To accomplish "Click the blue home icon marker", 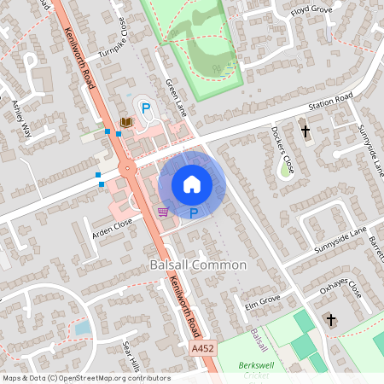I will click(x=192, y=184).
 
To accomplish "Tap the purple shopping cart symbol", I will click(x=162, y=211).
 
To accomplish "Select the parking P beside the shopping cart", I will click(x=194, y=212).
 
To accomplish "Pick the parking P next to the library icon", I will click(x=146, y=108).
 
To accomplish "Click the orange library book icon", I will click(x=127, y=124).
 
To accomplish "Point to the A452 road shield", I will click(x=204, y=348).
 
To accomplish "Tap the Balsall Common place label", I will click(x=198, y=265).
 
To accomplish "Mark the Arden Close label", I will click(x=113, y=225).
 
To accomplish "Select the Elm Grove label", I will click(x=263, y=302).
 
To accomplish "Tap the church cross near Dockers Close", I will click(x=305, y=131).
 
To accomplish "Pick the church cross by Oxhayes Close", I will click(x=330, y=320).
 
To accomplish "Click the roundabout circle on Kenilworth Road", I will click(x=128, y=168).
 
